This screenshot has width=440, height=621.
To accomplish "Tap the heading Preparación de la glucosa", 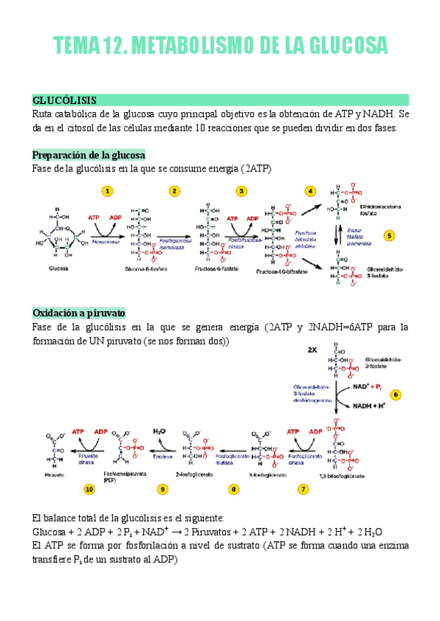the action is [89, 155].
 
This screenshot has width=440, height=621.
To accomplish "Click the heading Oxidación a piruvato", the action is [79, 313].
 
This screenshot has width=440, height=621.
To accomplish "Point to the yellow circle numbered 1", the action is [108, 191].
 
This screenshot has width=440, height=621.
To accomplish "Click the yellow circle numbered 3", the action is [241, 191].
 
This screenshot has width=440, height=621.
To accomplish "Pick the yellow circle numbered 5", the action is [389, 236].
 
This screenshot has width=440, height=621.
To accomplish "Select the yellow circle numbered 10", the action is [89, 488].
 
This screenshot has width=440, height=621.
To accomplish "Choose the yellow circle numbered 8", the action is [234, 488].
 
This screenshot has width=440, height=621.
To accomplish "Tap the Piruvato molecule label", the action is [54, 475].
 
